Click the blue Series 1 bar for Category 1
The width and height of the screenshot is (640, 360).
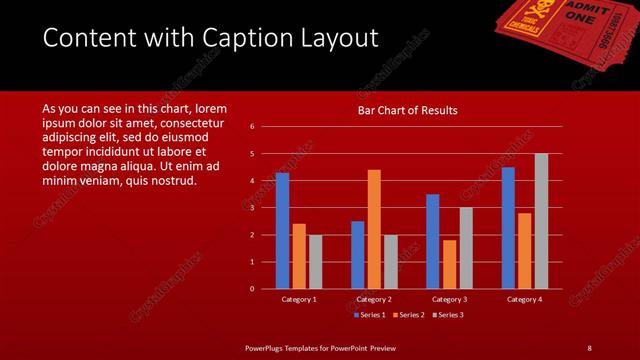click(x=282, y=231)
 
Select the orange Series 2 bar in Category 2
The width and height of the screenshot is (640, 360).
click(x=374, y=229)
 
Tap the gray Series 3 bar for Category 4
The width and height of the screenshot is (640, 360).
click(x=541, y=221)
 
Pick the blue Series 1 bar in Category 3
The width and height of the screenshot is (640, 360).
click(x=432, y=241)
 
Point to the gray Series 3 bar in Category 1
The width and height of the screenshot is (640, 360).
click(x=315, y=262)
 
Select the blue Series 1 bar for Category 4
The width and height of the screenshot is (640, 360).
click(x=508, y=228)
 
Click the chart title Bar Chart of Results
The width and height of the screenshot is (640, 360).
click(x=408, y=111)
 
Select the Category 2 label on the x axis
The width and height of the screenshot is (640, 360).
click(x=374, y=299)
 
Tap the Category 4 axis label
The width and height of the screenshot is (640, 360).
click(x=524, y=299)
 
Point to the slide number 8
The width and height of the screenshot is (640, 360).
click(x=589, y=347)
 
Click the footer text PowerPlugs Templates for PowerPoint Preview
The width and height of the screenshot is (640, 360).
click(x=321, y=347)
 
